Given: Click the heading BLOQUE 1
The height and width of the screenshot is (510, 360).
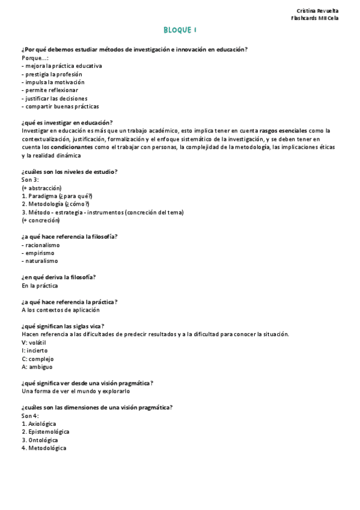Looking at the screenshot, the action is pos(180,29).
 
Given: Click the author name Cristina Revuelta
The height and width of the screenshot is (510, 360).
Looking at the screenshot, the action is pos(317,11).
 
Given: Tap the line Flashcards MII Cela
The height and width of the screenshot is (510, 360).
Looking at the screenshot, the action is pos(314,18).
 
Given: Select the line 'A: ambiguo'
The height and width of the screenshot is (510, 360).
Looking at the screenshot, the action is pos(37,366).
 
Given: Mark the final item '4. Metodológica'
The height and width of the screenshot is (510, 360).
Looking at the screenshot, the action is pos(44,448).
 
